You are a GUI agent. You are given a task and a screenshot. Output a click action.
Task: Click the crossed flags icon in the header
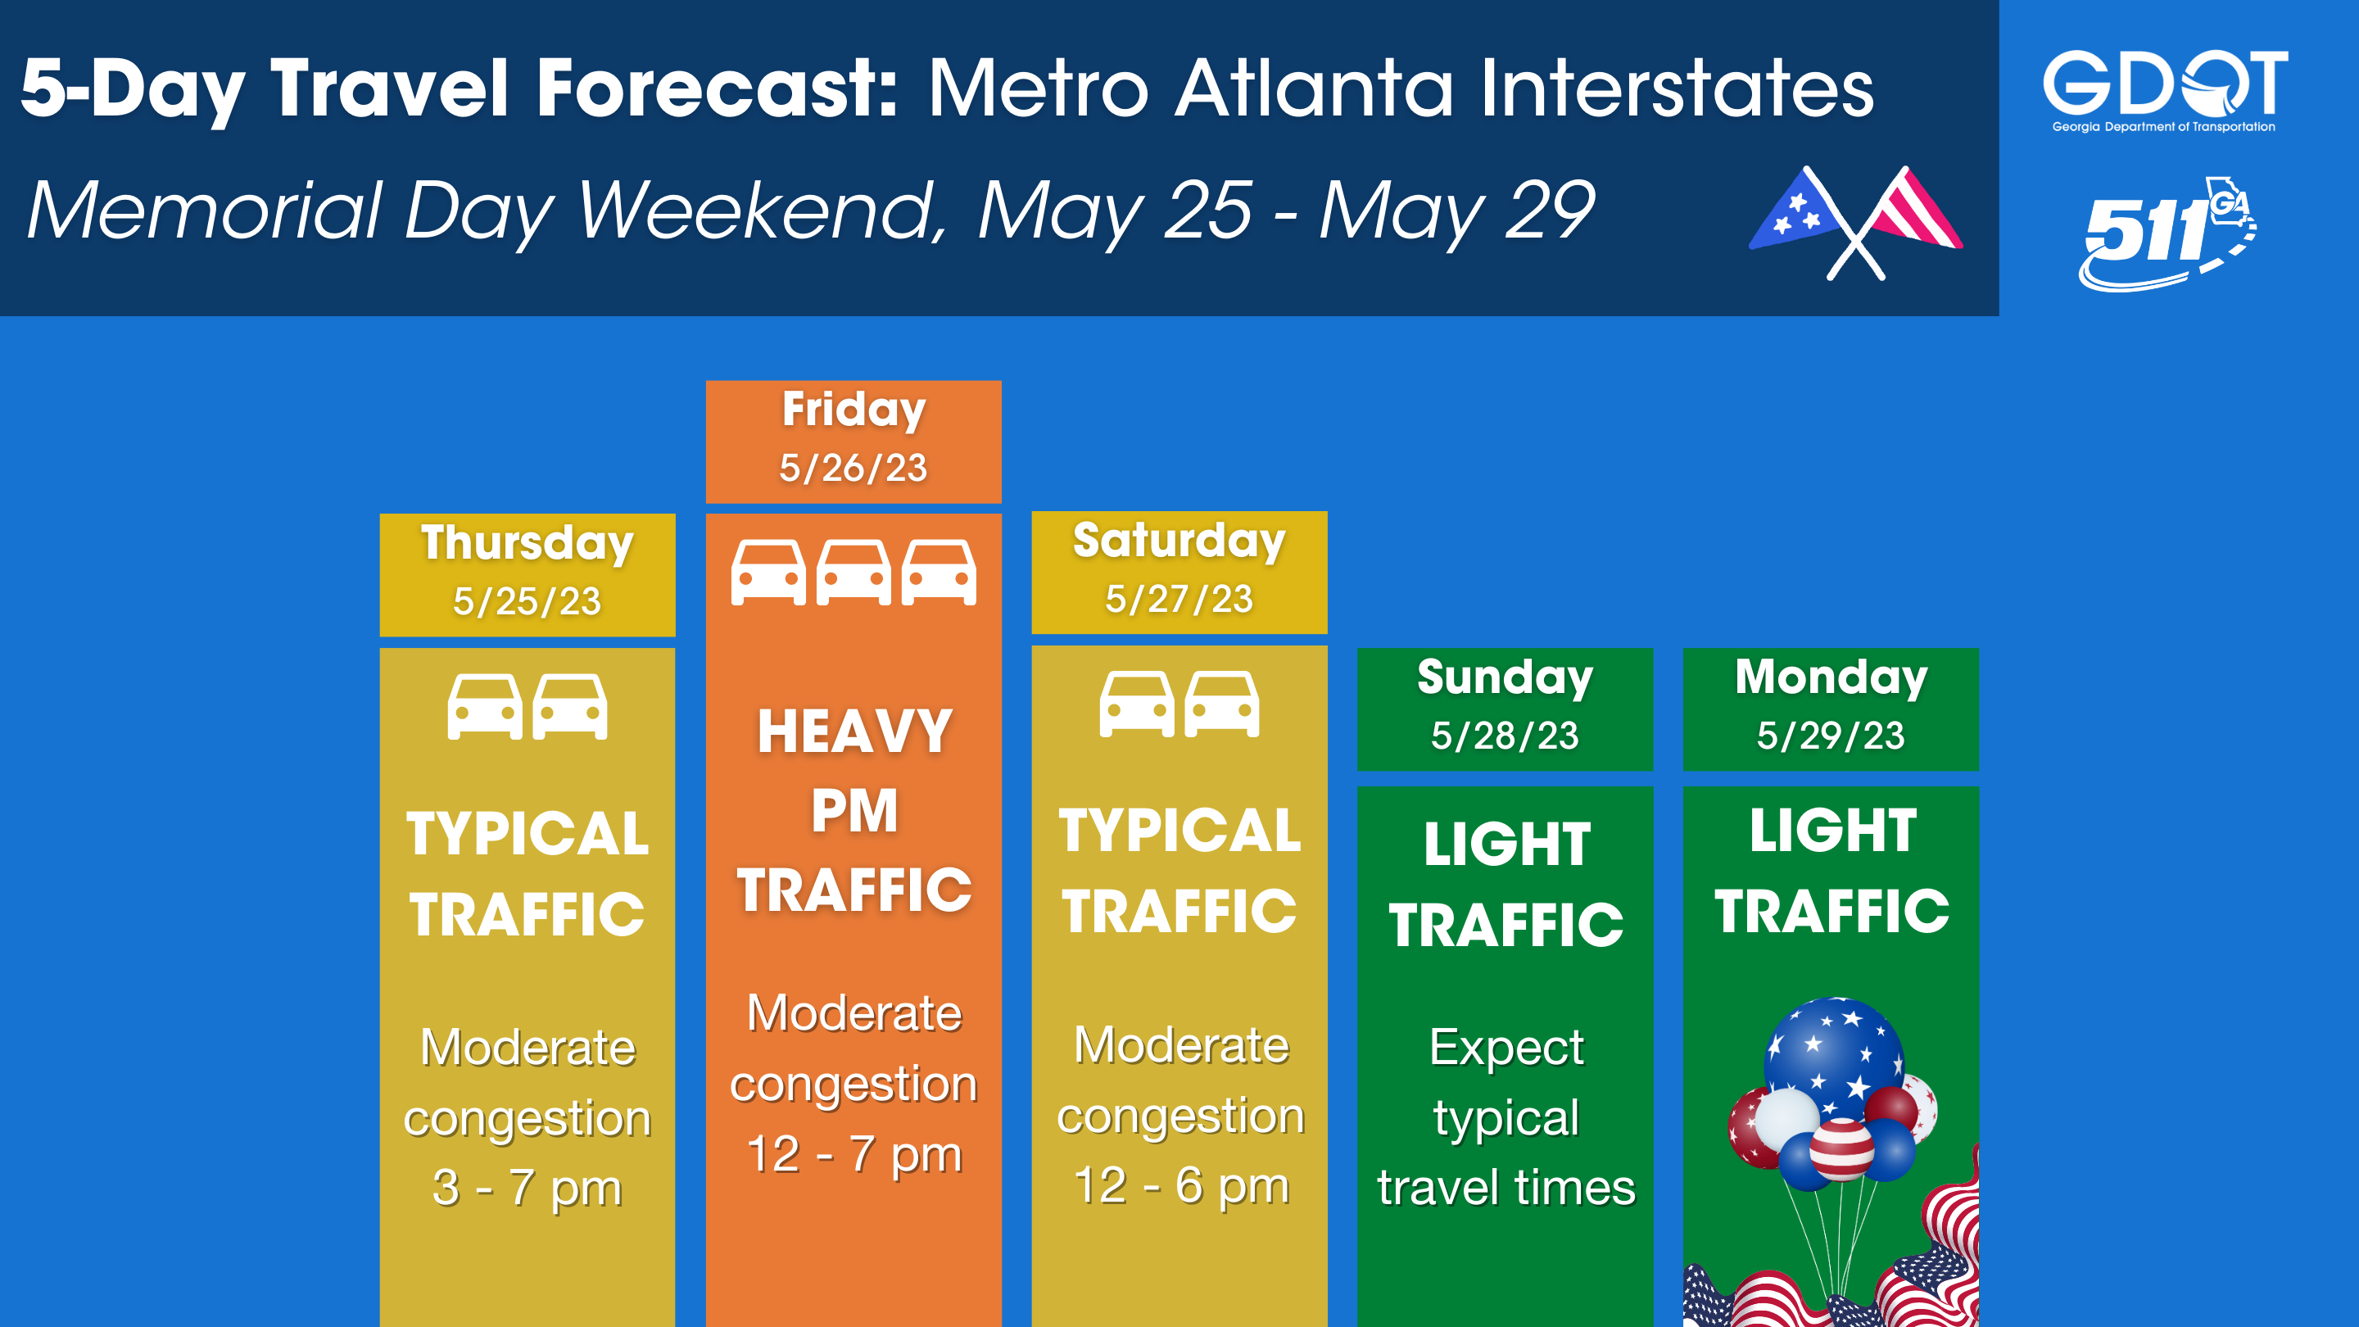click(x=1856, y=223)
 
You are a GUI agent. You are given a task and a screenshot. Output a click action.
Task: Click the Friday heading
click(x=853, y=410)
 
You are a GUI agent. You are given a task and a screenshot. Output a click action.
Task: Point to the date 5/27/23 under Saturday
click(x=1179, y=599)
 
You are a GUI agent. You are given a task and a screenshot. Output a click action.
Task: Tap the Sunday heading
click(x=1506, y=677)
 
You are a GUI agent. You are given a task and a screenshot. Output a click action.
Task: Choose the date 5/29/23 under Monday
click(x=1831, y=736)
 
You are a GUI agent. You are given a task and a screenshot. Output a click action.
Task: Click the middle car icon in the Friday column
click(x=853, y=573)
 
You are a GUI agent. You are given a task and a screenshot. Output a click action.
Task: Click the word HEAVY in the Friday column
click(x=854, y=731)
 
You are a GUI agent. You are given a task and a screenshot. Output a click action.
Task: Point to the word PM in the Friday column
click(x=854, y=812)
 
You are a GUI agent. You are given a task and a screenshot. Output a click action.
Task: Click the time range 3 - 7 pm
click(x=527, y=1188)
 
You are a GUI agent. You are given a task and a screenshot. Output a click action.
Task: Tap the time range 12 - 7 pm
click(x=854, y=1153)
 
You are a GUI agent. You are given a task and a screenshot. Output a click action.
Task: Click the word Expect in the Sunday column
click(x=1506, y=1048)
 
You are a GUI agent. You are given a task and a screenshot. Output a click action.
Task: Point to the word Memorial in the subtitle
click(x=203, y=211)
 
